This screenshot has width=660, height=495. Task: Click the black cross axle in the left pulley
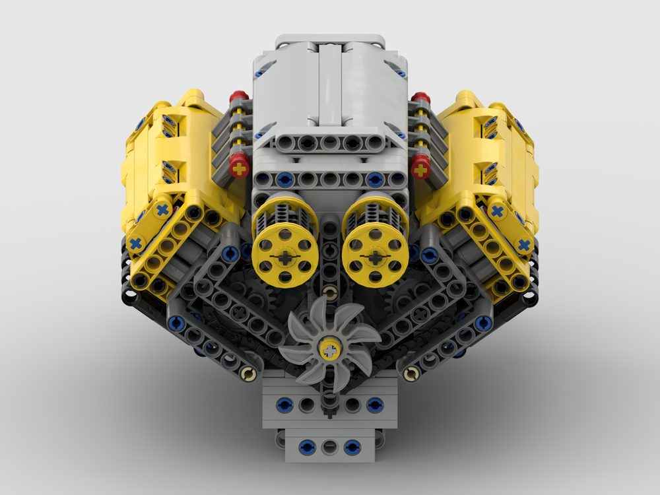284,257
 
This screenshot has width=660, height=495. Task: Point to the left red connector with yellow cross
239,168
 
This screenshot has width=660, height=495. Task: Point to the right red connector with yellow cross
420,168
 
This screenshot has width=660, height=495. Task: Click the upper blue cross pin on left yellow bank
162,211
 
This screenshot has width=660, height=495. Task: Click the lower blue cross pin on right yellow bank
524,245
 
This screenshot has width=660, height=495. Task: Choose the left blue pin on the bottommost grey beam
306,447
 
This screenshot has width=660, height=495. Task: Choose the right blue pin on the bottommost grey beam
352,447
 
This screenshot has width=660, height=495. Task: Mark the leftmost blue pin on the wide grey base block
284,403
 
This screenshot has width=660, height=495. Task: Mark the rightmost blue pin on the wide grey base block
375,403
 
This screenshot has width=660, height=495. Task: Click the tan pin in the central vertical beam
329,292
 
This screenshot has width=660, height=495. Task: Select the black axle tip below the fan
329,399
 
